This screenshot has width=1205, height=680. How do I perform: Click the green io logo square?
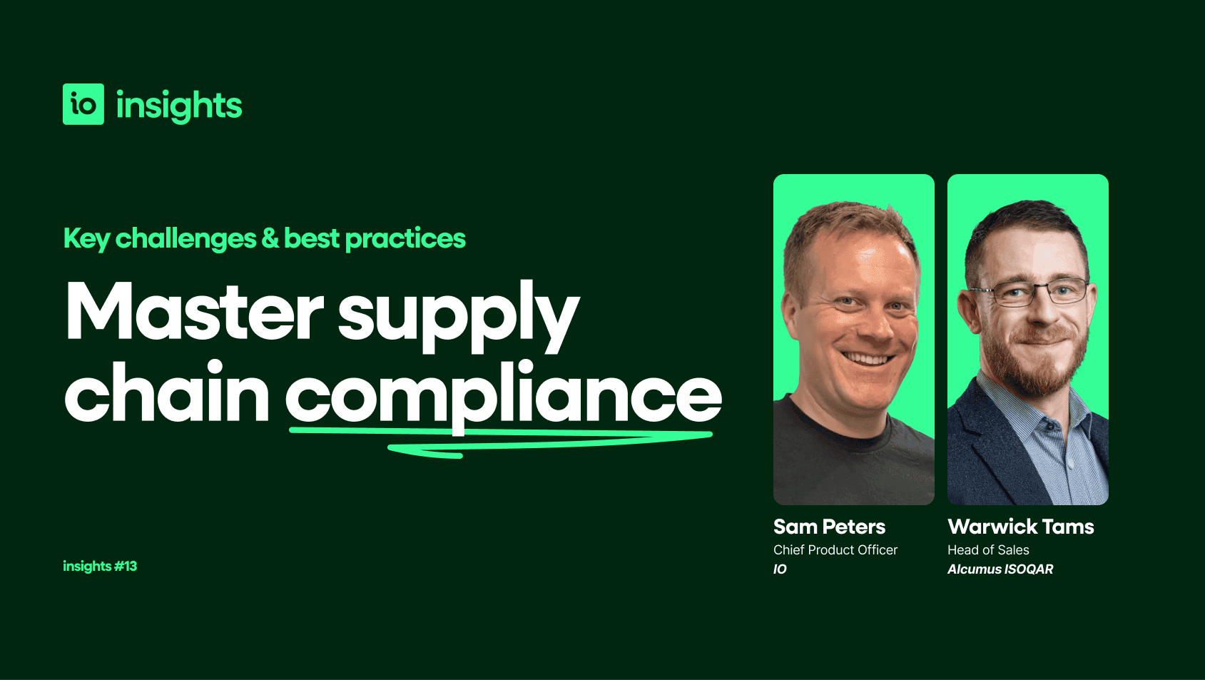coord(83,104)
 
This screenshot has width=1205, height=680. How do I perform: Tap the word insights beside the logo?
coord(179,106)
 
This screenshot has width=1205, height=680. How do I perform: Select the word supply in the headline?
coord(458,314)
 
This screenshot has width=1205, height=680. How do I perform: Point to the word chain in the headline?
coord(167,393)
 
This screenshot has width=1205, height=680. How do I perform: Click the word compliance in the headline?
coord(504,395)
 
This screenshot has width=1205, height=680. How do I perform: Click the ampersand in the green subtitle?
coord(270,238)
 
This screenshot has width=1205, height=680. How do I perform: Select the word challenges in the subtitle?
coord(185,238)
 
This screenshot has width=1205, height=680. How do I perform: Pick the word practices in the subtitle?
coord(405,238)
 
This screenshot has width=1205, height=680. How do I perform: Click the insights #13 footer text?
coord(100,566)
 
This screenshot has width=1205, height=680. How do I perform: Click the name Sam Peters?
coord(829,527)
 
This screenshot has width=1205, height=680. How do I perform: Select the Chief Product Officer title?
coord(835,549)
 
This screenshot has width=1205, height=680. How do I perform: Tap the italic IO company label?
coord(780,569)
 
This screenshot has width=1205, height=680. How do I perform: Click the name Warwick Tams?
coord(1020,527)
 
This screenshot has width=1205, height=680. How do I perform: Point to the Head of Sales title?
coord(988,549)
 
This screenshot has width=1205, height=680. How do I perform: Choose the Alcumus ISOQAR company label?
coord(1000,569)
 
